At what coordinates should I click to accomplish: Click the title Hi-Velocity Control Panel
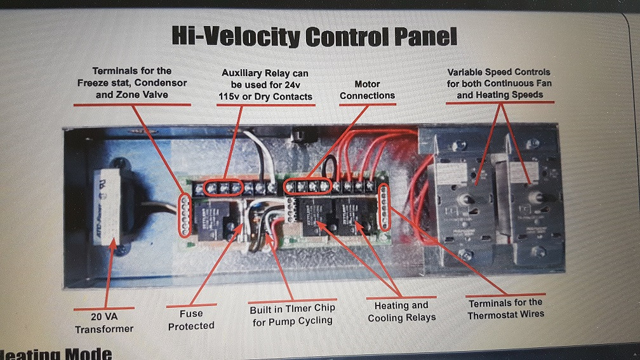(314, 37)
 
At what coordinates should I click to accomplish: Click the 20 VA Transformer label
(105, 323)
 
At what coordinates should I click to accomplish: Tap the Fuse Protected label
(191, 319)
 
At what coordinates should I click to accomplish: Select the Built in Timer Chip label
(292, 314)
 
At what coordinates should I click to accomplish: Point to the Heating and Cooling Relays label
(402, 311)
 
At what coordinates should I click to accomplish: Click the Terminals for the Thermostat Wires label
(505, 308)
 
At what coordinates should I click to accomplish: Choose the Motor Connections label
(367, 90)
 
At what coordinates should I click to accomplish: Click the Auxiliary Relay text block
(265, 85)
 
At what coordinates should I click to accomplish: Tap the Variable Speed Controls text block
(499, 83)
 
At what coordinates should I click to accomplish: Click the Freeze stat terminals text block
(132, 83)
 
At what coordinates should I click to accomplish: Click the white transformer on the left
(112, 207)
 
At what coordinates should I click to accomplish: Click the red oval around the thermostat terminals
(383, 206)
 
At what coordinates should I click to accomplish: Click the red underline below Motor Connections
(367, 104)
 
